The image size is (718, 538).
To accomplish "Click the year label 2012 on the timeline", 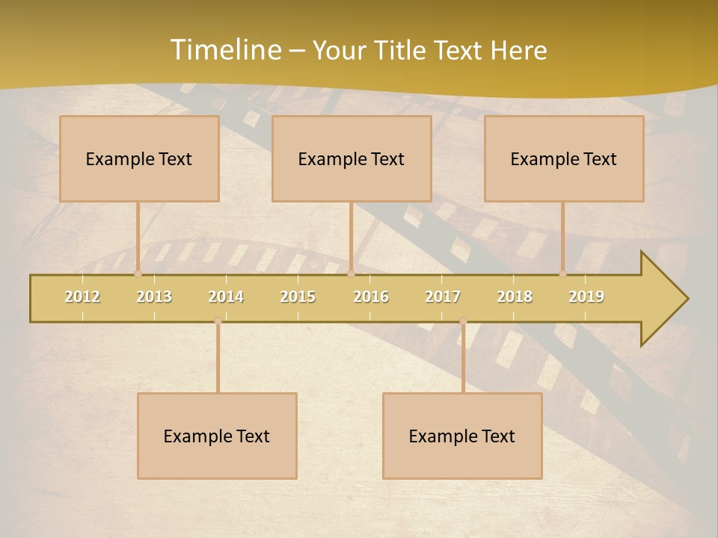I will click(82, 297).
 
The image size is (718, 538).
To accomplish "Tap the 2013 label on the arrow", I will click(154, 297).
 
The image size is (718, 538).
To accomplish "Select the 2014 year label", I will click(226, 297).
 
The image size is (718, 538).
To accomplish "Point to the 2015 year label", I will click(298, 297).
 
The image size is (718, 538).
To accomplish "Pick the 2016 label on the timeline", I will click(371, 297).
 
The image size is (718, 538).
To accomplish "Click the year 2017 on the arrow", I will click(443, 297).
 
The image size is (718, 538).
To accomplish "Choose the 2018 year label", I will click(515, 297).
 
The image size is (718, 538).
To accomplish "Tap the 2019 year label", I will click(586, 297).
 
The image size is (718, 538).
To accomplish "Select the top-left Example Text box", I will click(139, 158).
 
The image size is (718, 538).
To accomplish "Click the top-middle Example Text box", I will click(352, 158).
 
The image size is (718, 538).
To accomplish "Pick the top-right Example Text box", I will click(564, 158).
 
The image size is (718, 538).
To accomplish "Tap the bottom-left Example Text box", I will click(217, 436).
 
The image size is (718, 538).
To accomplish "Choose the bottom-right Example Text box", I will click(462, 436).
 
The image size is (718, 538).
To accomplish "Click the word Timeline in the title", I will click(224, 50).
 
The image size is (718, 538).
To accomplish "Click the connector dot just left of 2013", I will click(138, 273).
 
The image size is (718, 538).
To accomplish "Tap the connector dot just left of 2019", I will click(562, 273).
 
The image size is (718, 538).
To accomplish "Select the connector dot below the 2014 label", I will click(218, 321).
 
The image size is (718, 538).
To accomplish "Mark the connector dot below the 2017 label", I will click(463, 321).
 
